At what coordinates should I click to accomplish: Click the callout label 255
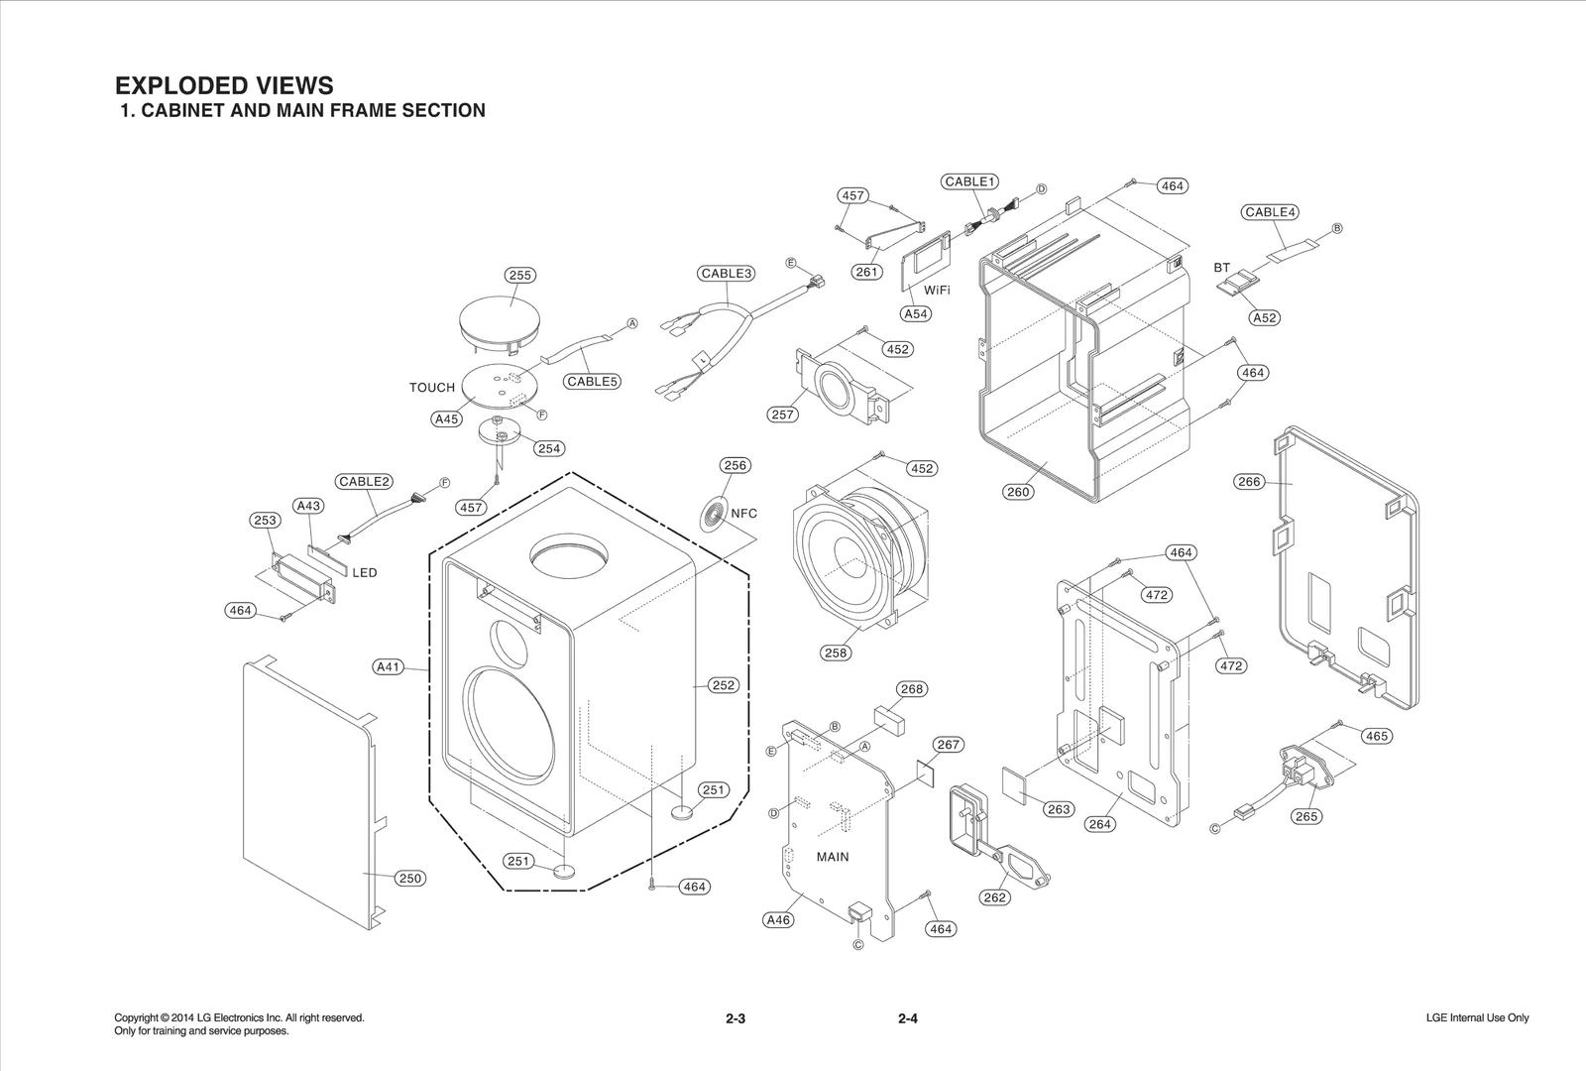(520, 276)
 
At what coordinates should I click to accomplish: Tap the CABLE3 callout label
(727, 274)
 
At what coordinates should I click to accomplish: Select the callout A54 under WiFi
(915, 313)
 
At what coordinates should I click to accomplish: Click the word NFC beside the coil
(743, 513)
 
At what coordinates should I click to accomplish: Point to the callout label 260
(1018, 491)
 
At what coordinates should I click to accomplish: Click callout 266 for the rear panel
(1249, 482)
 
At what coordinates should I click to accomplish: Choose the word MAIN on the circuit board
(833, 857)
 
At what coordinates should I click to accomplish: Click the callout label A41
(388, 667)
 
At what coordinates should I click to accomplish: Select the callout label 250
(409, 878)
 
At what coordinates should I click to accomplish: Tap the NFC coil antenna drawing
(713, 515)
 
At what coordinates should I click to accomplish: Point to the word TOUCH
(432, 388)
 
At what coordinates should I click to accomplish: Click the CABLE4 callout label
(1270, 212)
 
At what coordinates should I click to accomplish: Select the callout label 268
(911, 689)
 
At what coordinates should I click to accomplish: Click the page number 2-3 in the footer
(735, 1018)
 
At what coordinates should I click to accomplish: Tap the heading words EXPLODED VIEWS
(225, 85)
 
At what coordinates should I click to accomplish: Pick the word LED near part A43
(365, 573)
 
